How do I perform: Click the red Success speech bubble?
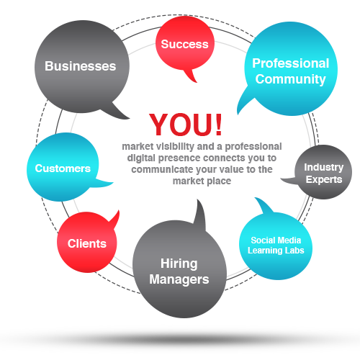[x=184, y=45]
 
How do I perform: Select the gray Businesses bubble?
[x=81, y=66]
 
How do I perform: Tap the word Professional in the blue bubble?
[x=290, y=63]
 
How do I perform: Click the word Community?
[x=290, y=79]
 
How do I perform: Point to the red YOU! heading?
[x=186, y=125]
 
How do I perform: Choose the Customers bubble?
[x=63, y=167]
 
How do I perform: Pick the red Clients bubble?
[x=87, y=243]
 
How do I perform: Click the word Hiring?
[x=179, y=264]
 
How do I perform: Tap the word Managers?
[x=179, y=279]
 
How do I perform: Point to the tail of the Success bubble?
[x=192, y=76]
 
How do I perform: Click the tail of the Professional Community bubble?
[x=243, y=102]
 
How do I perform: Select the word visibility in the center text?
[x=175, y=146]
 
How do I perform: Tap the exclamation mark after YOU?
[x=219, y=125]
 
